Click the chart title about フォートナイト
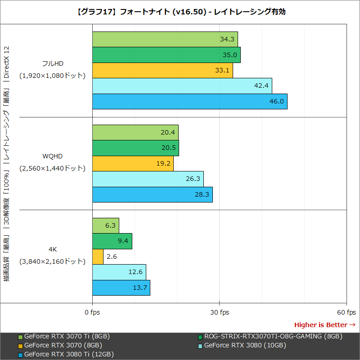(x=180, y=12)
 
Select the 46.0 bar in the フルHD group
(x=189, y=101)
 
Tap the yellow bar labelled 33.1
(x=162, y=70)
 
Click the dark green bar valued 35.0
(x=166, y=55)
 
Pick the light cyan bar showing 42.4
(x=182, y=85)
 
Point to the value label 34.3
(x=227, y=39)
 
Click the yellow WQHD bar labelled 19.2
(x=133, y=163)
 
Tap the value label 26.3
(x=193, y=179)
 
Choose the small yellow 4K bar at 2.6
(x=98, y=256)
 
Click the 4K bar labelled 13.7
(x=121, y=288)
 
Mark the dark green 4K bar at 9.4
(x=112, y=241)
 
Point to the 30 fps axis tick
(x=219, y=312)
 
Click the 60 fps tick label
(x=346, y=312)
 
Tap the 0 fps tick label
(x=92, y=312)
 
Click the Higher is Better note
(x=324, y=324)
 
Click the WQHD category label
(x=52, y=156)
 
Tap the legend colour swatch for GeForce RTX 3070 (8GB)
(x=20, y=346)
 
